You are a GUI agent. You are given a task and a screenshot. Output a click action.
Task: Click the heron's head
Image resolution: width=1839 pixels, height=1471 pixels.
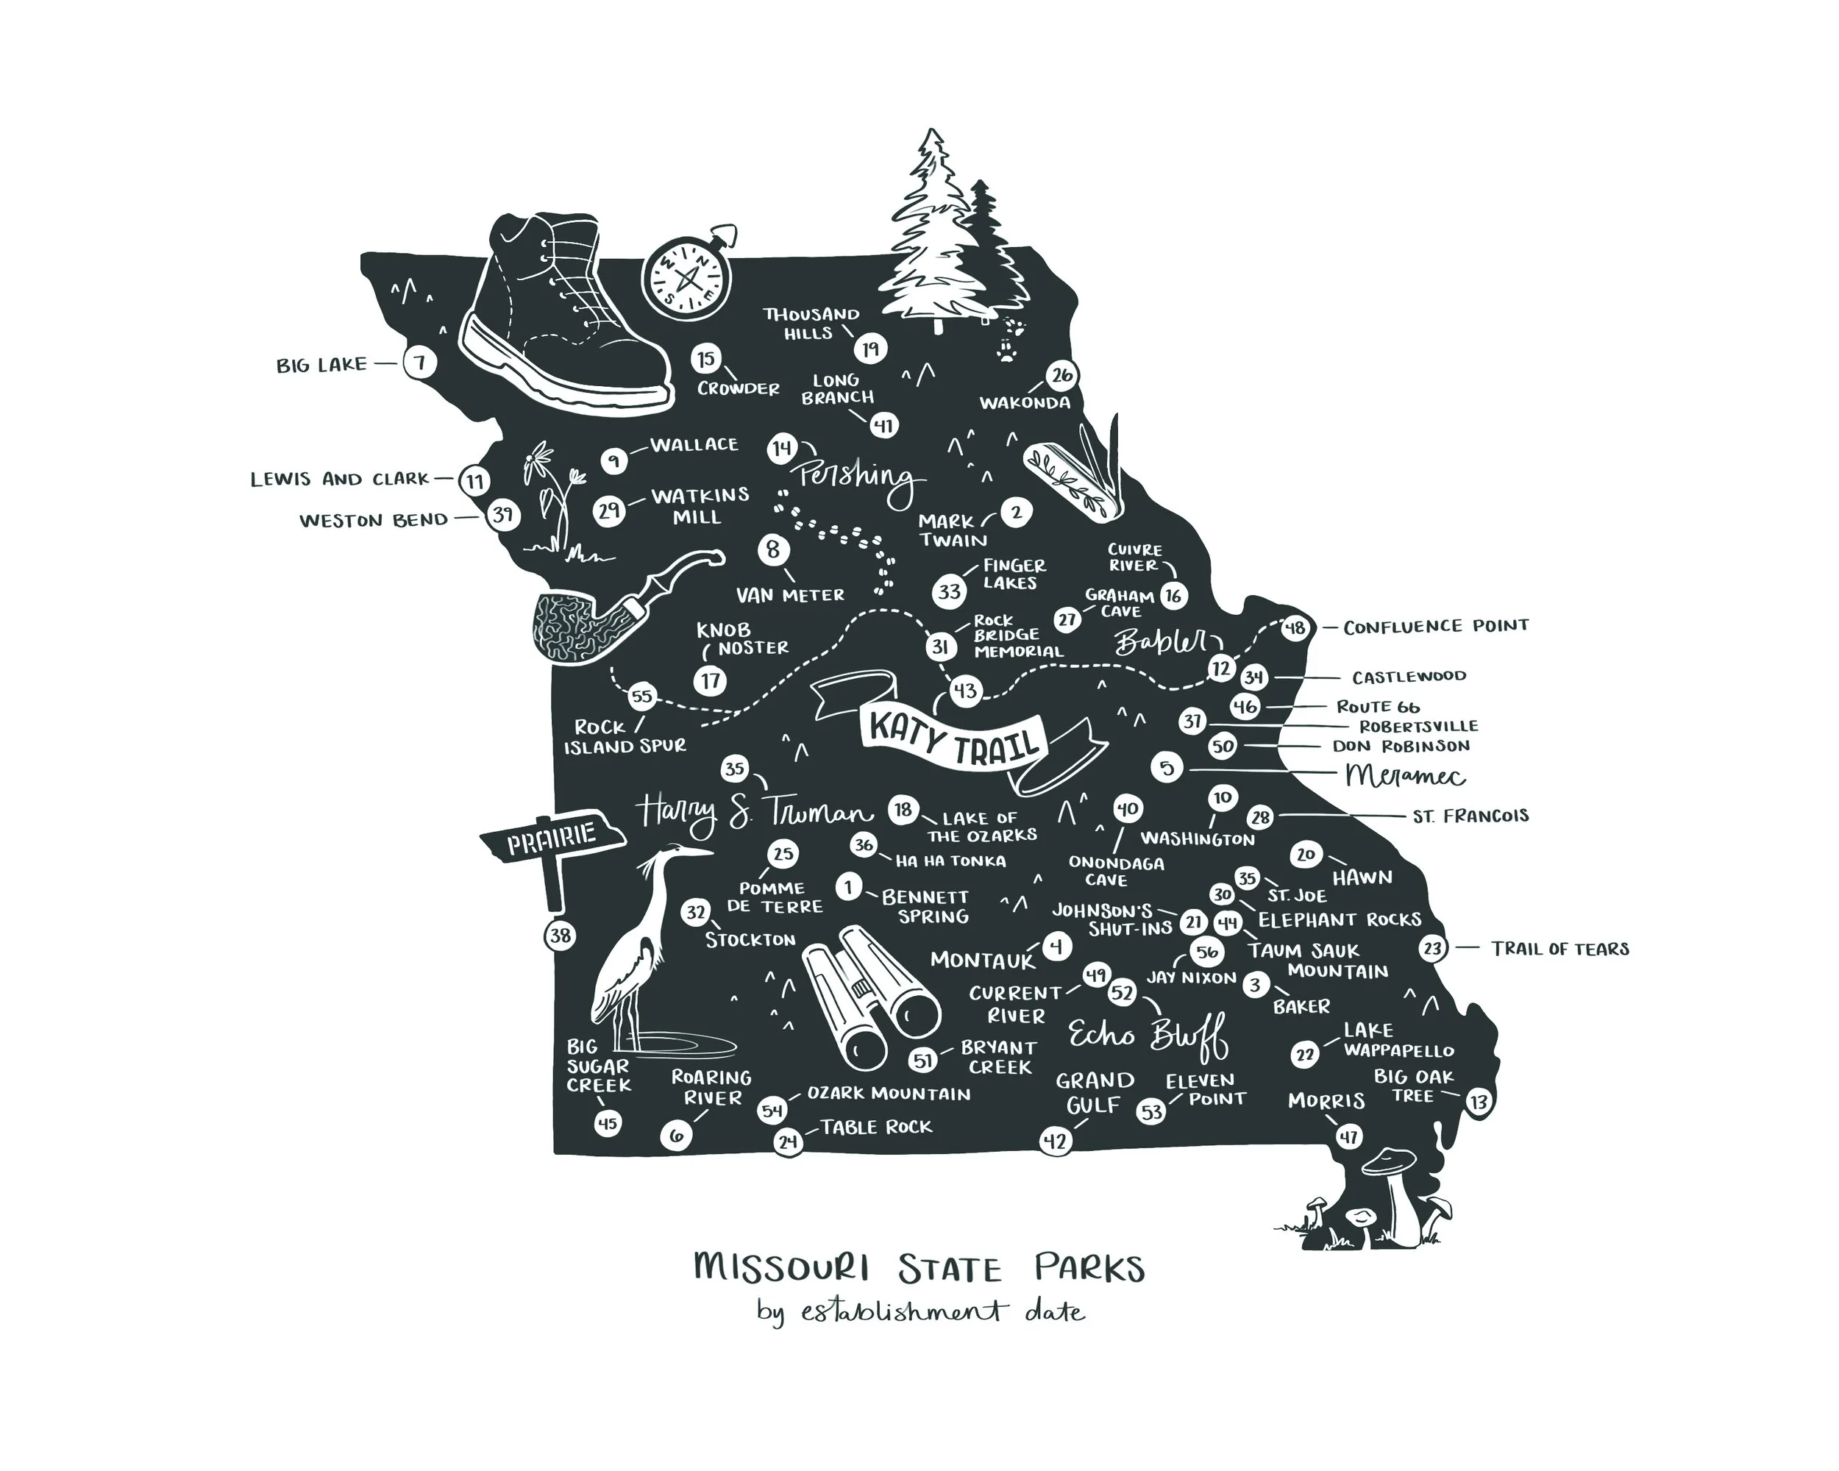678,854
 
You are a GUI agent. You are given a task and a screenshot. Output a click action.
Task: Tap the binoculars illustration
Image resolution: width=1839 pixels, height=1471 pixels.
870,994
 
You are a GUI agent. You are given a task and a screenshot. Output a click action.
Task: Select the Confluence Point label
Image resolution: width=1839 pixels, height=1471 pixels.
1436,627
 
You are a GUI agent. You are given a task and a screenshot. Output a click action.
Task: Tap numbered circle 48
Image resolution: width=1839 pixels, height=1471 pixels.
1295,628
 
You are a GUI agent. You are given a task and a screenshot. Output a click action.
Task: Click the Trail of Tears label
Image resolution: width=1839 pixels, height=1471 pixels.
1559,948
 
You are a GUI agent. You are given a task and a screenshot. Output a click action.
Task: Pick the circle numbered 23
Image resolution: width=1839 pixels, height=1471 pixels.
1433,948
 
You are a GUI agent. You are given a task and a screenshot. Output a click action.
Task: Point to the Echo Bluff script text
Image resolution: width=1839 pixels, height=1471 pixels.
1148,1036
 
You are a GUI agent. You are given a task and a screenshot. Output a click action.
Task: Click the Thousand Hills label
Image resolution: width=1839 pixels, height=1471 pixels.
811,323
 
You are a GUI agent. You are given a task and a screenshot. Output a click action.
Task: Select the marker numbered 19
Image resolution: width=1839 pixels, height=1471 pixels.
870,349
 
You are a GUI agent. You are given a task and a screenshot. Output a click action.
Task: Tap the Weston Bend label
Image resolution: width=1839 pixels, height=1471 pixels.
374,519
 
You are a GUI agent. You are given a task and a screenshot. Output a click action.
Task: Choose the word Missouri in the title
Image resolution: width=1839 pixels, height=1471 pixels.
782,1267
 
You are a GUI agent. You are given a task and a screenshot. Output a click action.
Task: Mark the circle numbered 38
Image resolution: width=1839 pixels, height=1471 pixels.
560,936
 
